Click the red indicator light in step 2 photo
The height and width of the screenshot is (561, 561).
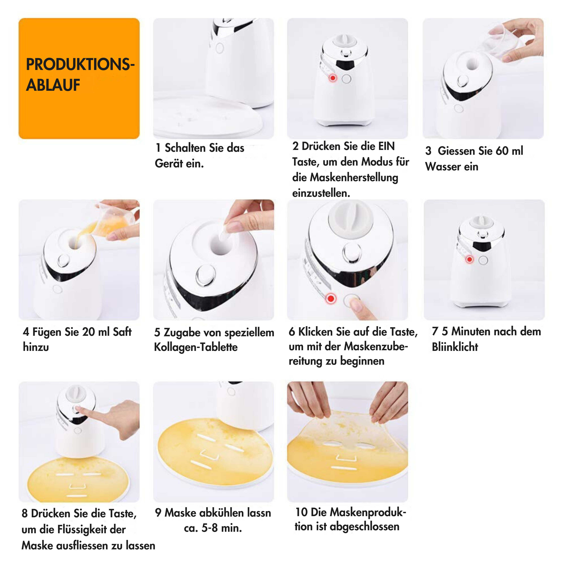333,78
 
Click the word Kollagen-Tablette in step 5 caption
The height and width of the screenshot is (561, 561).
196,347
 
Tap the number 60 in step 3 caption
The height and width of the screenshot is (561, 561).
502,151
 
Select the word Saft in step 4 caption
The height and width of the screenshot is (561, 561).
122,332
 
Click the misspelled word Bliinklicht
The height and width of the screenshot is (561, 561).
455,347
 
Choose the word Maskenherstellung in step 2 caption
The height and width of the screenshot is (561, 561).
354,177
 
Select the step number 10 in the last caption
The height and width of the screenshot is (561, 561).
301,512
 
